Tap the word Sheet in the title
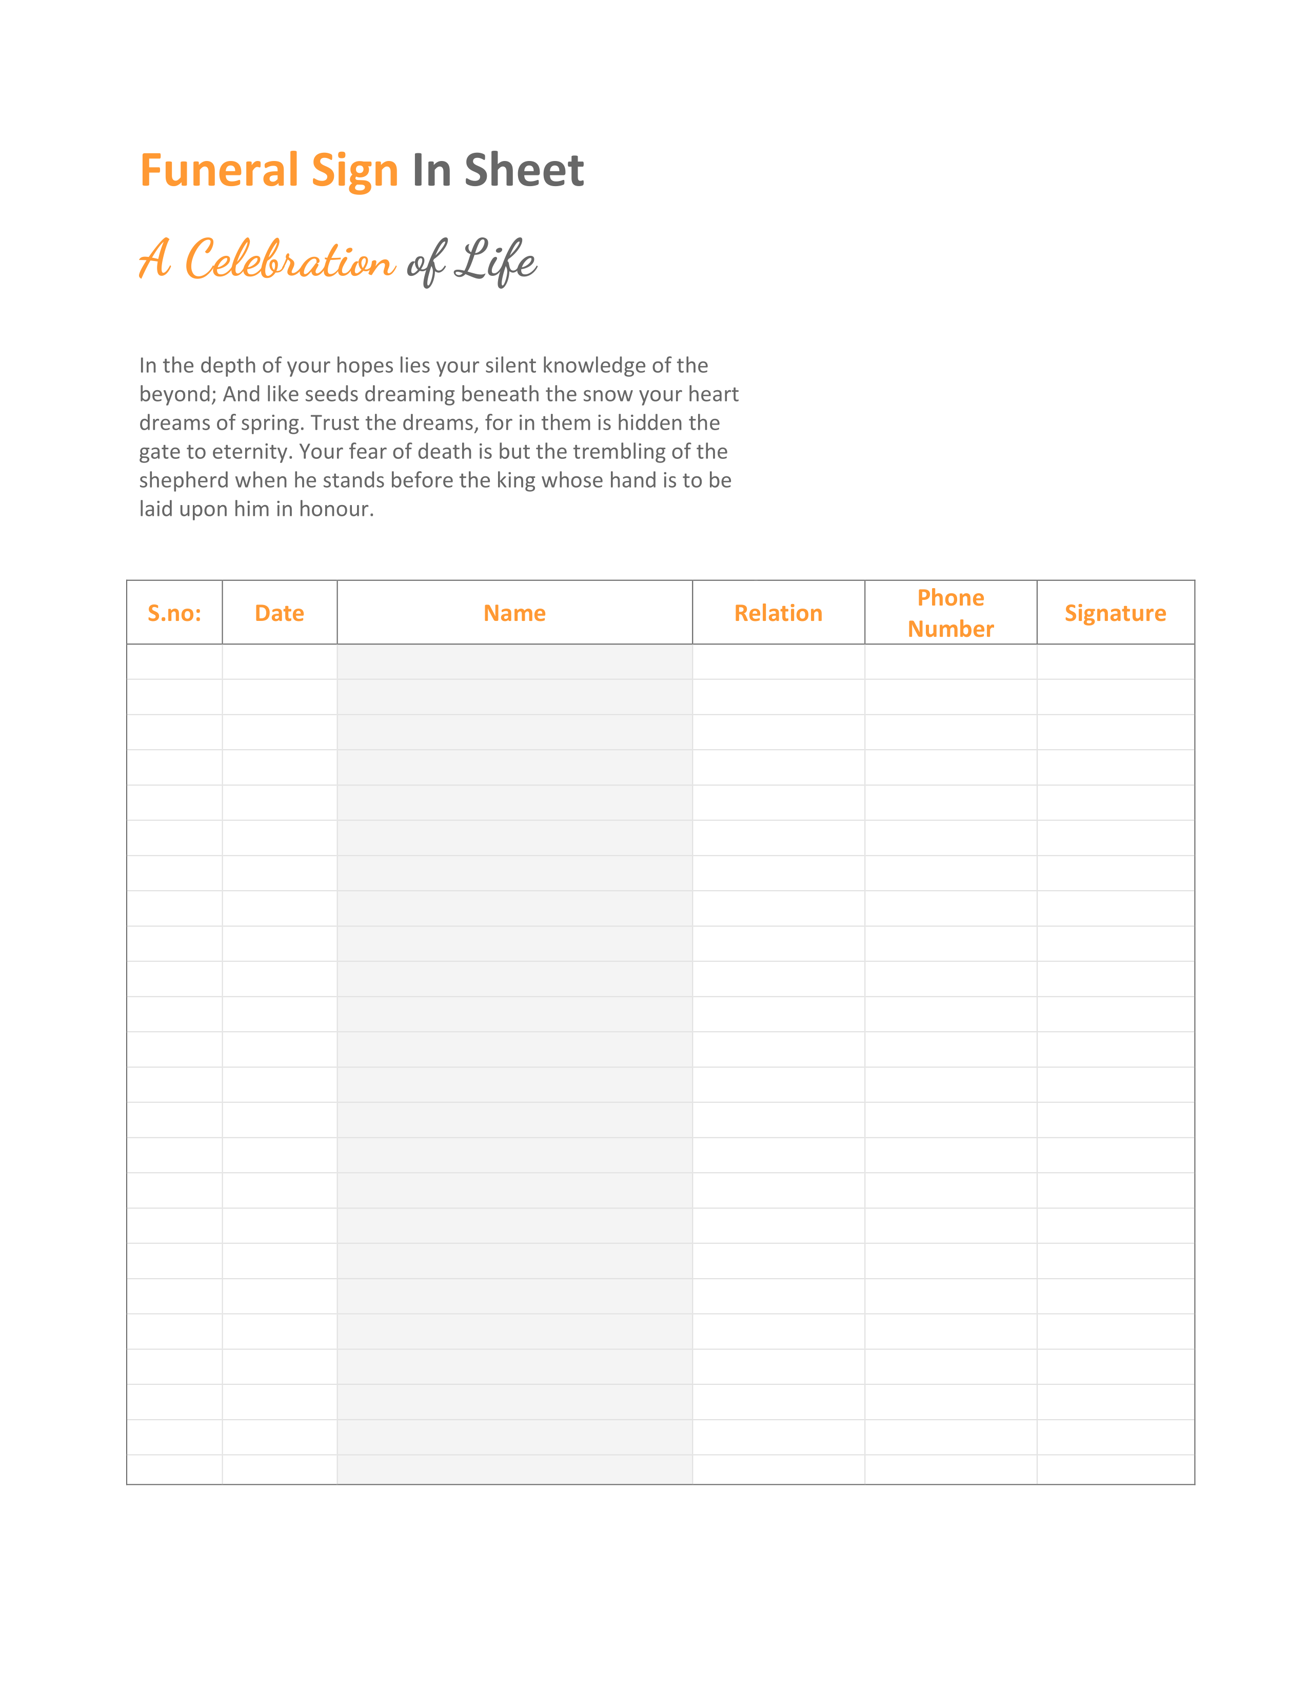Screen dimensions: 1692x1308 pos(524,170)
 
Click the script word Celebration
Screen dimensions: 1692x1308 pos(290,260)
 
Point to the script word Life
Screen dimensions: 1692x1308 pos(496,260)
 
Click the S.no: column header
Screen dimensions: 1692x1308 pos(174,613)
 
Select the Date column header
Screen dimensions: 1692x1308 pos(279,613)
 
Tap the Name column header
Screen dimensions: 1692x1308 pos(514,613)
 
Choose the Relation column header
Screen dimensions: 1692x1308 pos(778,613)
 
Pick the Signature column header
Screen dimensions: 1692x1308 pos(1115,613)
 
